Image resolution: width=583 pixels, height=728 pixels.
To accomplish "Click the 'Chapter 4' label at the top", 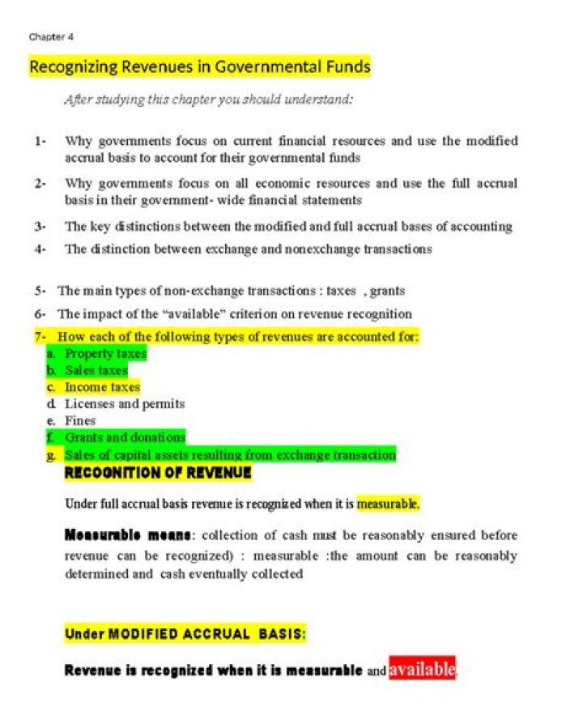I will (51, 36).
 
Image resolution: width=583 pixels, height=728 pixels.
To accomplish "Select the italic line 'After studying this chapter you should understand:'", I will (209, 100).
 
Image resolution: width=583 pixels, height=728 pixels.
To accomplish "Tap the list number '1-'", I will (40, 141).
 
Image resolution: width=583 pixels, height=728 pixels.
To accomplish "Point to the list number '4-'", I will (40, 249).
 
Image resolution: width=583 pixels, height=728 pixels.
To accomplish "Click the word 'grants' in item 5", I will (387, 290).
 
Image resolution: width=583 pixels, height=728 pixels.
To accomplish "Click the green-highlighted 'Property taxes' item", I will (105, 353).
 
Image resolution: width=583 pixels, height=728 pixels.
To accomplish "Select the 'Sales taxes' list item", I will (96, 370).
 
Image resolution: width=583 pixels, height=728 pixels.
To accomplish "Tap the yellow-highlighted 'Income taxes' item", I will (102, 387).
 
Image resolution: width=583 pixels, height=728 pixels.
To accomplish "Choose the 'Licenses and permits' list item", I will (125, 403).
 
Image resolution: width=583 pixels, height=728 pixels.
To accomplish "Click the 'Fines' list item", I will (80, 420).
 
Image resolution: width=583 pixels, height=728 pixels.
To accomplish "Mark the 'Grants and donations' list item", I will (125, 437).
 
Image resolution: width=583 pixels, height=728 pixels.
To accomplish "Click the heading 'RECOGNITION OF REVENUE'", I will (158, 473).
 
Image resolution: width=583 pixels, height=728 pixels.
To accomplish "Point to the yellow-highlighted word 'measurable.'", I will (388, 504).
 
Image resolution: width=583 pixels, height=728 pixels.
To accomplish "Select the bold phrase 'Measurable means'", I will (128, 535).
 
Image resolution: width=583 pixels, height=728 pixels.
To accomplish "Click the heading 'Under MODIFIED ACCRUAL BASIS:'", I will (185, 634).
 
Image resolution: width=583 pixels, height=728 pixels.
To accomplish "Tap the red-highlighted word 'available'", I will (422, 669).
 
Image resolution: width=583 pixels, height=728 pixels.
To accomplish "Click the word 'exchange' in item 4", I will (247, 249).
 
